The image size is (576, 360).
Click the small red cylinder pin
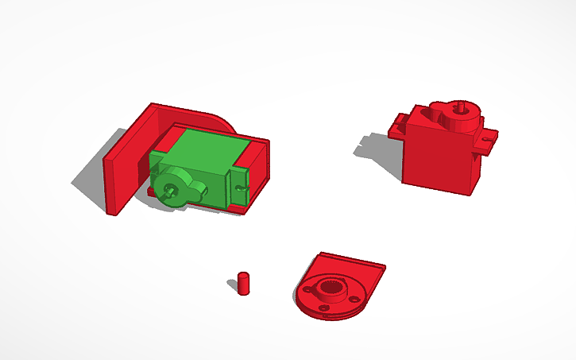tap(244, 282)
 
